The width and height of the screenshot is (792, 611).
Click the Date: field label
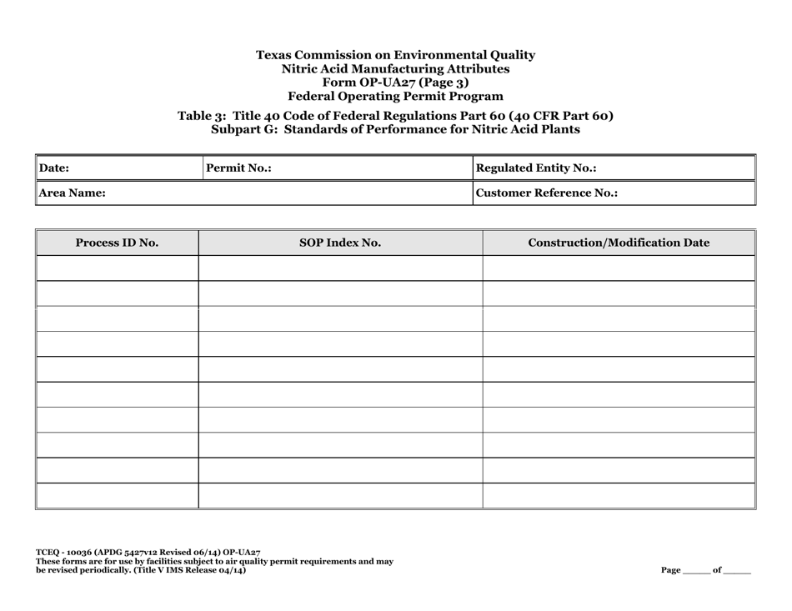55,168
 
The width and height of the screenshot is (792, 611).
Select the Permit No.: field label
238,168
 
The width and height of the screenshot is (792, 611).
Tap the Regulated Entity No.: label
535,168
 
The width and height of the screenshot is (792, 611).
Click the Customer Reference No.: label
546,193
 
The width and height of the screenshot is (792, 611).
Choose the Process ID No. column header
117,243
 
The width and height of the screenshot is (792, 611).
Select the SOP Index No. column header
340,243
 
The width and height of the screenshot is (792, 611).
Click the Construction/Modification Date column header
619,243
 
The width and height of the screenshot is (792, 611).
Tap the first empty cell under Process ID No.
117,268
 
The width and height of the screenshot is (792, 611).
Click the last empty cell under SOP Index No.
340,496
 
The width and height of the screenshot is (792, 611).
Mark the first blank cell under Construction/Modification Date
619,268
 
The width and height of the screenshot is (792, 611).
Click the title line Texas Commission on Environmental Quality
395,55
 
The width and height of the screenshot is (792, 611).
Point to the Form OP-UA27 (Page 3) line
395,82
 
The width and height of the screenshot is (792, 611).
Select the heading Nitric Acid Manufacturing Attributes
395,68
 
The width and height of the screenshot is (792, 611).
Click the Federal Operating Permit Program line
395,95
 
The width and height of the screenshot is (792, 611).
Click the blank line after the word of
737,573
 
